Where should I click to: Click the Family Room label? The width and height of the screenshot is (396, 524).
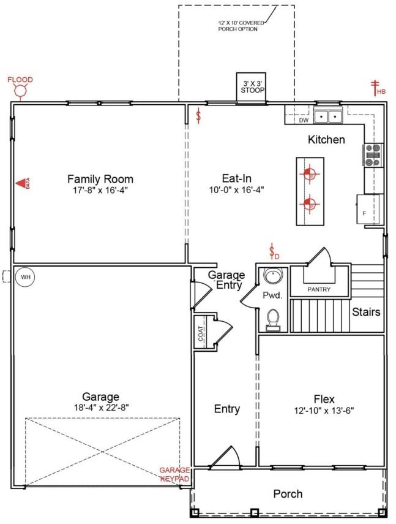[x=100, y=179]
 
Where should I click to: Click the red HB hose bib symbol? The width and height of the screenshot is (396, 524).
[x=377, y=88]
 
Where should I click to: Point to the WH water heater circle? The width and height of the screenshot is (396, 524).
[x=25, y=277]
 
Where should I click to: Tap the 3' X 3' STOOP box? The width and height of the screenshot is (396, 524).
[x=251, y=86]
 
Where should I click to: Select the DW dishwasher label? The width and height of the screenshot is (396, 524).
[x=304, y=120]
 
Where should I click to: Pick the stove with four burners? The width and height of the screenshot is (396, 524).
[x=373, y=155]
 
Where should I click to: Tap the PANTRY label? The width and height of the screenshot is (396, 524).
[x=319, y=289]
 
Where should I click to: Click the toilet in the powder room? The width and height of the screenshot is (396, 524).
[x=273, y=319]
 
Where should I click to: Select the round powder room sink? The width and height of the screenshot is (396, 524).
[x=272, y=278]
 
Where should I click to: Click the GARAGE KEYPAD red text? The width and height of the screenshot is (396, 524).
[x=174, y=474]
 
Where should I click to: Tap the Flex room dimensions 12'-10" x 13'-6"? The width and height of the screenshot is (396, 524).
[x=324, y=410]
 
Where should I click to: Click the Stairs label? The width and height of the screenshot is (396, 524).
[x=366, y=312]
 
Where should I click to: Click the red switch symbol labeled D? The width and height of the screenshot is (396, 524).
[x=274, y=252]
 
